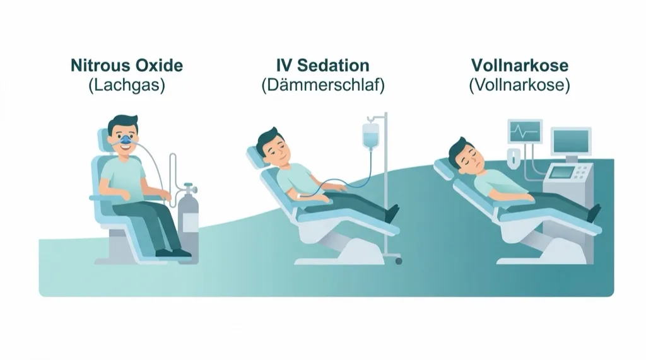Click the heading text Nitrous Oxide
[127, 66]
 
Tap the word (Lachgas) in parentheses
[127, 85]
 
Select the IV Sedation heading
[323, 66]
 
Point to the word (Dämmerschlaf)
[323, 85]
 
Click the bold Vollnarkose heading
[520, 66]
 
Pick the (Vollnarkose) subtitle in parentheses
[520, 85]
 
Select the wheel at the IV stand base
[399, 261]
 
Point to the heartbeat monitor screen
[525, 131]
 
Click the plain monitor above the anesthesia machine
[570, 141]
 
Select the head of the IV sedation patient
[273, 148]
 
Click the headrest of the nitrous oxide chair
[104, 142]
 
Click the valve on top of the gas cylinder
[189, 189]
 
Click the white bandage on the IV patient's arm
[300, 196]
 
